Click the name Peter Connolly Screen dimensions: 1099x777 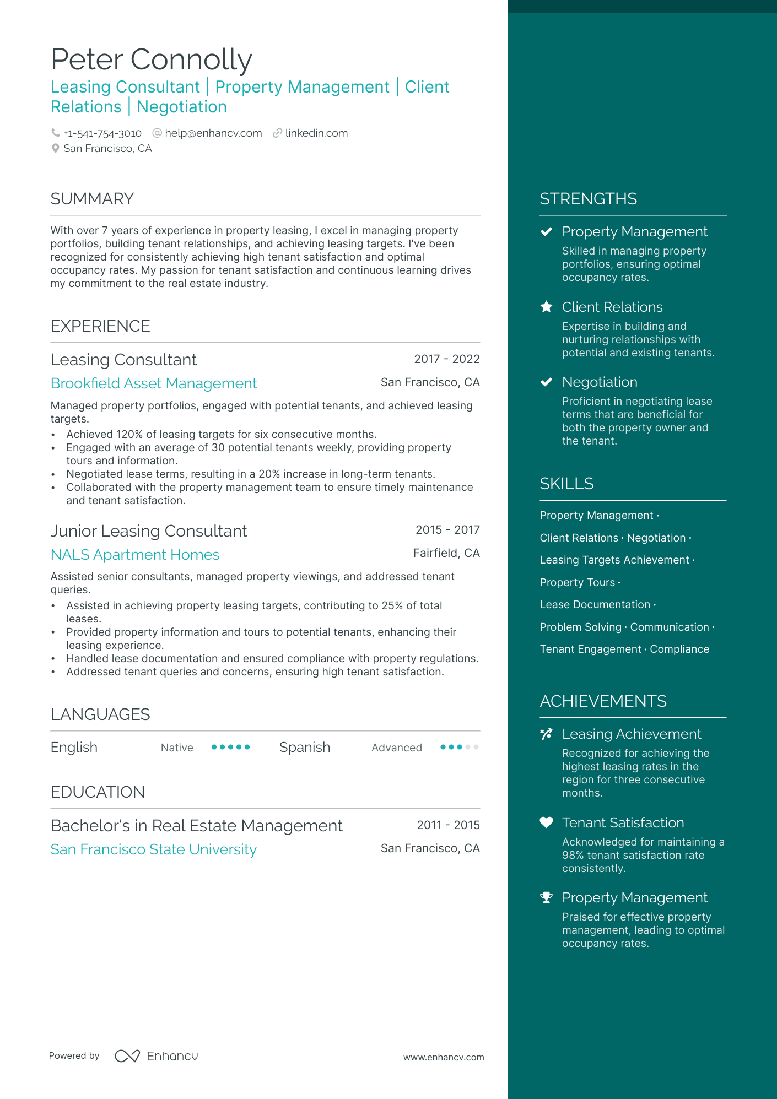click(151, 59)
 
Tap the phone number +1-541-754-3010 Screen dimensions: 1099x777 click(102, 133)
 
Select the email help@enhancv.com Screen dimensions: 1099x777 click(213, 133)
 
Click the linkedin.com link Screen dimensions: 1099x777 click(316, 133)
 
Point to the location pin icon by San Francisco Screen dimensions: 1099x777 click(55, 149)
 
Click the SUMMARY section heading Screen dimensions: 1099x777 click(92, 199)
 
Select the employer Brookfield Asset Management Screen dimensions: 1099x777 click(154, 383)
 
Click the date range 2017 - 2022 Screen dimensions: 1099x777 click(446, 359)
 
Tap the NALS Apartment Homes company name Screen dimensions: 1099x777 click(135, 555)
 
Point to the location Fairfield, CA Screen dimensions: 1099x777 click(446, 553)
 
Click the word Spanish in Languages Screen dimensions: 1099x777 click(304, 748)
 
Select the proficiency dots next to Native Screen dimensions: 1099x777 click(231, 748)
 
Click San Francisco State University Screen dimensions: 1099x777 click(154, 849)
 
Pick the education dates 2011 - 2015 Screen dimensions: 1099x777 click(448, 825)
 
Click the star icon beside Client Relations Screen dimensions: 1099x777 click(546, 307)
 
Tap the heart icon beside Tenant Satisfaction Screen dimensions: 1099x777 click(546, 822)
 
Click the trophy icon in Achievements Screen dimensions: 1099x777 click(546, 897)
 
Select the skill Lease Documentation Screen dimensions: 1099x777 click(595, 605)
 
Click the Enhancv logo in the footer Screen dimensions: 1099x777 click(156, 1056)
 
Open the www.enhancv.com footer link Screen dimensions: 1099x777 click(444, 1058)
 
